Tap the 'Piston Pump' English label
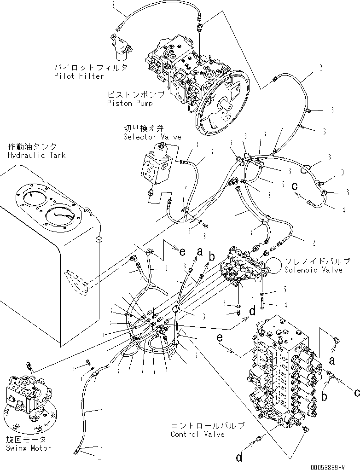[130, 103]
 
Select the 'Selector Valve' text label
[152, 137]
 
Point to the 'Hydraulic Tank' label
[36, 156]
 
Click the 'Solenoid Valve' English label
[313, 270]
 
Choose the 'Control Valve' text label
[197, 434]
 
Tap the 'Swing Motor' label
[28, 448]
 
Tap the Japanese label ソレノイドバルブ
[317, 261]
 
